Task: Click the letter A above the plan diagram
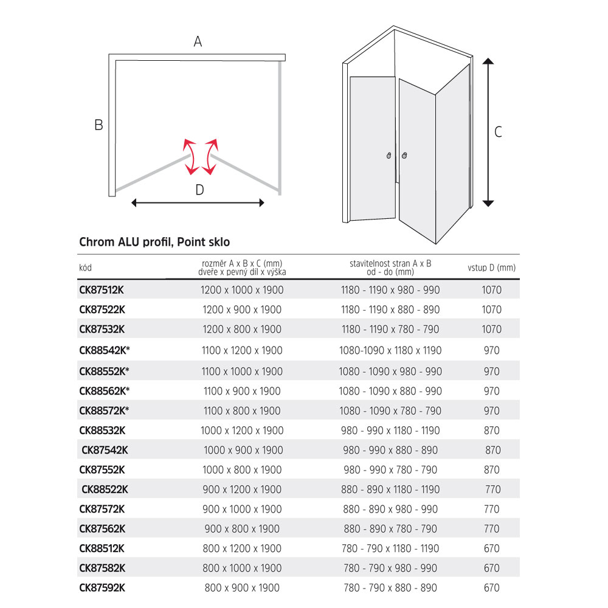coord(198,41)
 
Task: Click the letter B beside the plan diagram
coord(98,125)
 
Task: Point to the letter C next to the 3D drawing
coord(498,131)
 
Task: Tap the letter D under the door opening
coord(199,190)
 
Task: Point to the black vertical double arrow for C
coord(488,132)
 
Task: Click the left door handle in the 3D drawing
coord(389,156)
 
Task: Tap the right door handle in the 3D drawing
coord(403,156)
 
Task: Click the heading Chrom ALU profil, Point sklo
coord(154,242)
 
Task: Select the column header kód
coord(86,268)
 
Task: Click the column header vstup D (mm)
coord(491,268)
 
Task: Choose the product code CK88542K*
coord(105,350)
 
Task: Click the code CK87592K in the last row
coord(102,587)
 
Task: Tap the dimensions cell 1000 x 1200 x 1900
coord(242,430)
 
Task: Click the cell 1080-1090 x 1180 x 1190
coord(390,350)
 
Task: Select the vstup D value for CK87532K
coord(491,330)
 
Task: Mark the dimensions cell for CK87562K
coord(242,529)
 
